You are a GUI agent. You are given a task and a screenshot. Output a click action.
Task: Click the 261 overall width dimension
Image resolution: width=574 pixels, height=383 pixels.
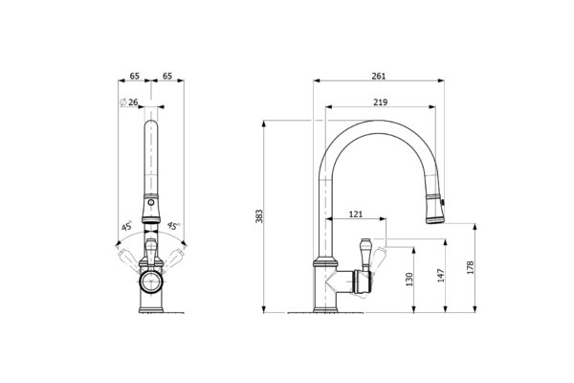click(379, 76)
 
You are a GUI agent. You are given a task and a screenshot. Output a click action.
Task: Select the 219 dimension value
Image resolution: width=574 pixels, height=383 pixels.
click(381, 102)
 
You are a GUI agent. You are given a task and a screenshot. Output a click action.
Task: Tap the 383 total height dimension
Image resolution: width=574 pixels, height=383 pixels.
click(259, 216)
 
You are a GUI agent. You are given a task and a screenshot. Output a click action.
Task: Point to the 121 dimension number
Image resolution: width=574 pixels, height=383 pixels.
click(356, 214)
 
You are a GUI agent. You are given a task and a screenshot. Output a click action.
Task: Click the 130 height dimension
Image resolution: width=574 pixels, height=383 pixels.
click(409, 280)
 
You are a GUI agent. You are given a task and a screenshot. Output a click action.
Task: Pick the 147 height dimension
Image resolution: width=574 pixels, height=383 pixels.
click(441, 275)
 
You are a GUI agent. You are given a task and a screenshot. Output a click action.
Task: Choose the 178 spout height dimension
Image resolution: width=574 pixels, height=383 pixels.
click(471, 267)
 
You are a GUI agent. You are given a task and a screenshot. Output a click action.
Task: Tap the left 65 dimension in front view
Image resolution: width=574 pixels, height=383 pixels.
click(134, 76)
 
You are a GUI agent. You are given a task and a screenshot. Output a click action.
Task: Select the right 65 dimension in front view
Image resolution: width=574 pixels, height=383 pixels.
click(167, 76)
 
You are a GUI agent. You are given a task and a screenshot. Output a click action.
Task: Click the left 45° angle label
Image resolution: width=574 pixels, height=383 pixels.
click(126, 225)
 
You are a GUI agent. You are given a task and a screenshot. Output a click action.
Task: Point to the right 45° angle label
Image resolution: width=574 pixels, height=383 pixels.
click(173, 225)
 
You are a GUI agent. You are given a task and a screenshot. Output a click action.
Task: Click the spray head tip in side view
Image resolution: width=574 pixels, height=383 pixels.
click(435, 220)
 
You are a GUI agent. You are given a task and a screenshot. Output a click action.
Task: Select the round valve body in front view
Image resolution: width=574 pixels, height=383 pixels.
click(151, 282)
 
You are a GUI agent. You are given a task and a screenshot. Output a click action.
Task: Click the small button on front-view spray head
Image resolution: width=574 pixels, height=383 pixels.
click(150, 202)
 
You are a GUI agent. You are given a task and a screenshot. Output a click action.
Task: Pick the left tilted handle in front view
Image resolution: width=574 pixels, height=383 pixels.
click(128, 259)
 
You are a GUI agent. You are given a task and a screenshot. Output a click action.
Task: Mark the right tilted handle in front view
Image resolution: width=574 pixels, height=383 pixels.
click(172, 259)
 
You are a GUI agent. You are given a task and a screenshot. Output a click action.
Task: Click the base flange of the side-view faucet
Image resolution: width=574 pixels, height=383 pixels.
click(325, 311)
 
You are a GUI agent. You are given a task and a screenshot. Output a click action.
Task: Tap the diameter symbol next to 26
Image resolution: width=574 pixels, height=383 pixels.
click(123, 102)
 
